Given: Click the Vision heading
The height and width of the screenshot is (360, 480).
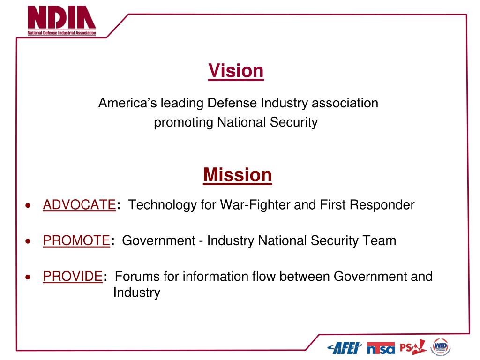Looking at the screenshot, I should coord(236,71).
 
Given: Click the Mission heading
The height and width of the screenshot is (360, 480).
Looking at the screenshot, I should coord(237,175).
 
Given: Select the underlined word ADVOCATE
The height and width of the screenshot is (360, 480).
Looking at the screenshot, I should coord(79,205).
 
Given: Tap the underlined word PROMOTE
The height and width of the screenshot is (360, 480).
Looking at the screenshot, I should coord(76,240).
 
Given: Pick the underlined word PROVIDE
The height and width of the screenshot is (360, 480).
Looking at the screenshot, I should coord(73,276).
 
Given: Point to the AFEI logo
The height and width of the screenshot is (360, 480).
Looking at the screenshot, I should coord(345,347).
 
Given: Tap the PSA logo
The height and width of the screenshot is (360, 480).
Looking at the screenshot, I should coord(412,347).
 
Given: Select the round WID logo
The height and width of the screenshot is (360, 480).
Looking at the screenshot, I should coord(441,346).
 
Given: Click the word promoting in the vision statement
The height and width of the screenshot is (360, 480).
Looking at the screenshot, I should coord(183,122).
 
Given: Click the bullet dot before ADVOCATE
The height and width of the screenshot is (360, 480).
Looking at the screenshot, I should coord(29,205).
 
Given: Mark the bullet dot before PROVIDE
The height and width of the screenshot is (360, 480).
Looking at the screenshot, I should coord(29,277).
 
